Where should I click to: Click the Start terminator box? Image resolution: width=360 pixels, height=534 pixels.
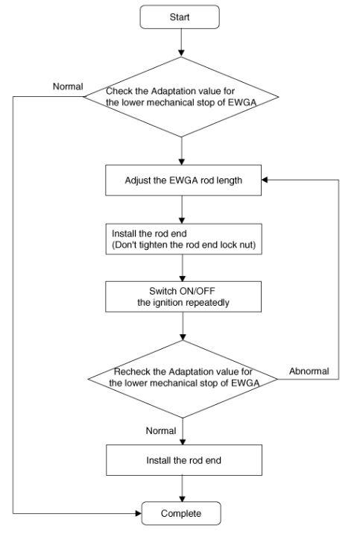click(x=180, y=17)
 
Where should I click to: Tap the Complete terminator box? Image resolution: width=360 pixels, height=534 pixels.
click(x=181, y=513)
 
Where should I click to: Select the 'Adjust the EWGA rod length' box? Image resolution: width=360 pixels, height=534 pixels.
click(x=183, y=180)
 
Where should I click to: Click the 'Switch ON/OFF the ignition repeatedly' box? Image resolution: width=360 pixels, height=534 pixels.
click(x=183, y=297)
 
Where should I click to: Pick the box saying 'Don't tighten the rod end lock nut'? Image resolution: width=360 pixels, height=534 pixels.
click(x=184, y=239)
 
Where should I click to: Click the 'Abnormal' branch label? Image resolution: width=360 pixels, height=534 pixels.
click(x=309, y=371)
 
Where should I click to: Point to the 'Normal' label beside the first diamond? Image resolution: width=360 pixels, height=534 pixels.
click(x=68, y=87)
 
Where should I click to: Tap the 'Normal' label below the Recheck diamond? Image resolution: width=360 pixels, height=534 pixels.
click(x=161, y=431)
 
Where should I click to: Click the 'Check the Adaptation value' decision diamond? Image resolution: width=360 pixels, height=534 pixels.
click(x=181, y=97)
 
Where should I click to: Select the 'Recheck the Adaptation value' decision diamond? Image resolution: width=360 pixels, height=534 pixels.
click(x=183, y=379)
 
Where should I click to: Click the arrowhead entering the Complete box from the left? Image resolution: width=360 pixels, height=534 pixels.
click(x=138, y=513)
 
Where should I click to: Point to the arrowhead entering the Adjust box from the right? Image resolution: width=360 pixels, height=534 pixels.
click(x=265, y=180)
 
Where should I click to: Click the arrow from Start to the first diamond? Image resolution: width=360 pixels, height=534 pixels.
click(x=181, y=43)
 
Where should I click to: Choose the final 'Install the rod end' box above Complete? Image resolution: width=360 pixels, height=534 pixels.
click(x=184, y=460)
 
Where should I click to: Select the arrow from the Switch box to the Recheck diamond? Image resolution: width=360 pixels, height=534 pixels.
click(x=183, y=326)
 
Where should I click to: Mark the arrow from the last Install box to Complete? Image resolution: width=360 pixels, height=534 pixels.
click(x=183, y=489)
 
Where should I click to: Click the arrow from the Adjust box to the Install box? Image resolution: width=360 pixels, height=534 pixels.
click(x=182, y=210)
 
